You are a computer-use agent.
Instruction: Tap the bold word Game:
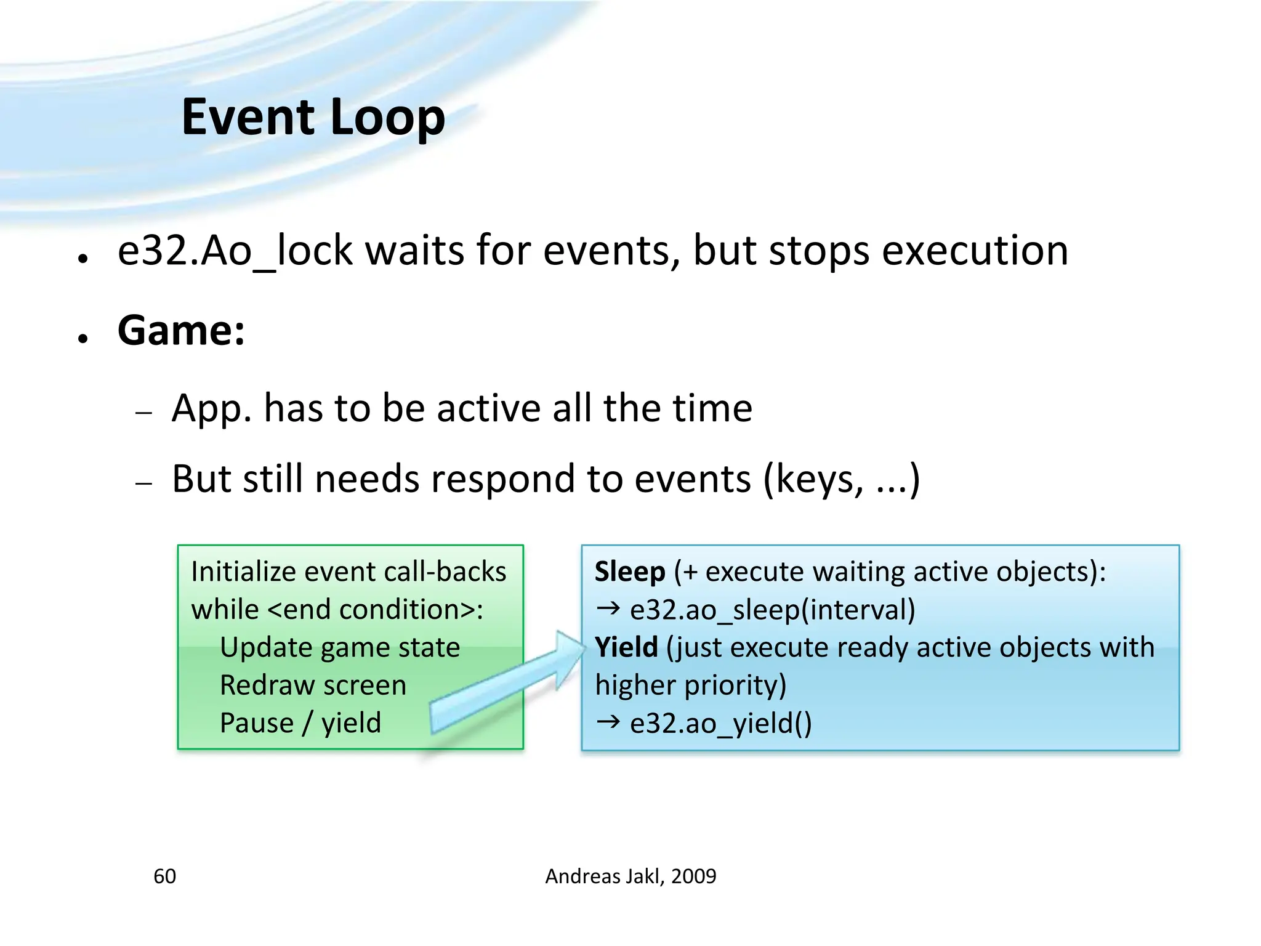point(181,331)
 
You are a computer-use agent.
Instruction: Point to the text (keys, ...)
point(841,479)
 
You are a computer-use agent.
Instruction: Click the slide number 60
point(164,876)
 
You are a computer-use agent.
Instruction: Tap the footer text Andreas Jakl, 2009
point(630,876)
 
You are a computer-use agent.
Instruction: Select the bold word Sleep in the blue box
point(629,572)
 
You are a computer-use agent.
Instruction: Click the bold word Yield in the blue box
point(626,647)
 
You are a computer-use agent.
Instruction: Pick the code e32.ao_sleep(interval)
point(772,610)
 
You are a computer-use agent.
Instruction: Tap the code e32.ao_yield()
point(720,723)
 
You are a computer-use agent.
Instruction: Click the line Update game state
point(340,647)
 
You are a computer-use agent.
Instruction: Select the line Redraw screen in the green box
point(313,685)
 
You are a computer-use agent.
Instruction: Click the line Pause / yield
point(300,723)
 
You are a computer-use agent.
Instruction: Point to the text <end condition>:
point(376,610)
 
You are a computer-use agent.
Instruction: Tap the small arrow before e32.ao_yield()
point(608,721)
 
